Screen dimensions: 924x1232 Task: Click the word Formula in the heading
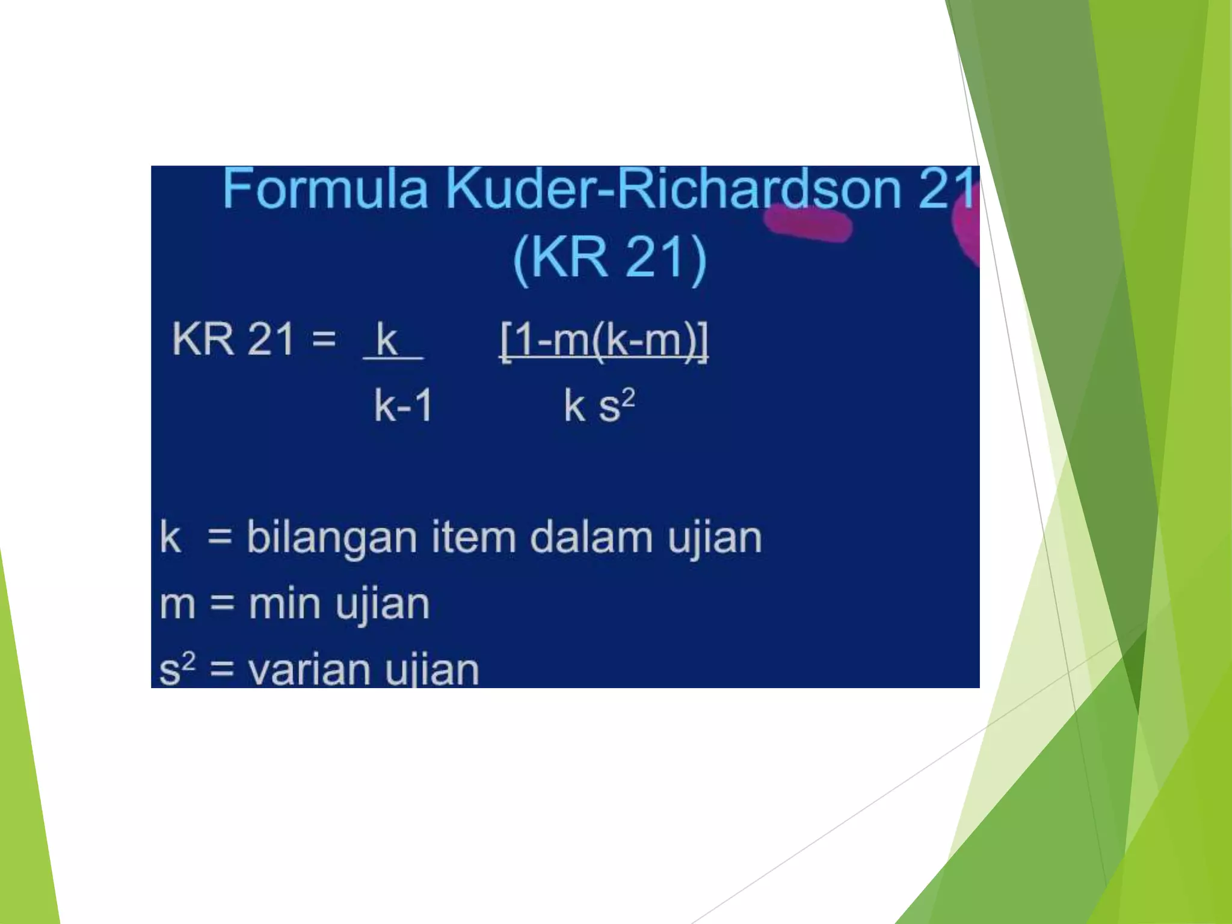(x=325, y=189)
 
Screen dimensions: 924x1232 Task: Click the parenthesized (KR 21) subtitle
(x=609, y=257)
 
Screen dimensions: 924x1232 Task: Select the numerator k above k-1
(x=387, y=339)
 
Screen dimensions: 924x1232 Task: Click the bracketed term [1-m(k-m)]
(x=604, y=340)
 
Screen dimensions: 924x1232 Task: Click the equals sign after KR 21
(x=324, y=339)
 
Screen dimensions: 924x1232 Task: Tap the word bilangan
(x=331, y=538)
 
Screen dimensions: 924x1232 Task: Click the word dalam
(x=591, y=537)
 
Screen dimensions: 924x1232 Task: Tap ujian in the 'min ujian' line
(x=383, y=605)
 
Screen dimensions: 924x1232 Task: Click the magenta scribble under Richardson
(x=808, y=223)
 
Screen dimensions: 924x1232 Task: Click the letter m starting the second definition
(x=177, y=605)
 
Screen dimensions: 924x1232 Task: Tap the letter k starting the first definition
(x=170, y=537)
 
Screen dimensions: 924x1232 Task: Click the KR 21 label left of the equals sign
(x=233, y=339)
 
